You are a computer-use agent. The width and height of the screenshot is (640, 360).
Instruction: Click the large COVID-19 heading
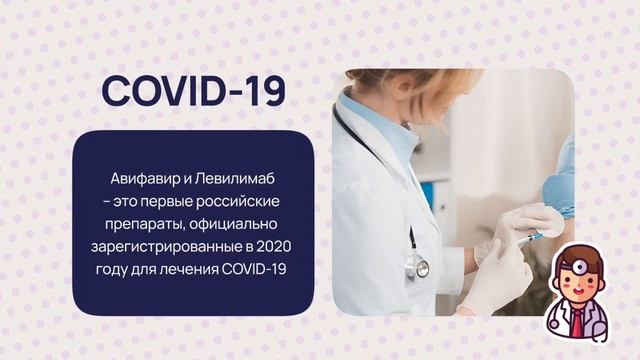[193, 91]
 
